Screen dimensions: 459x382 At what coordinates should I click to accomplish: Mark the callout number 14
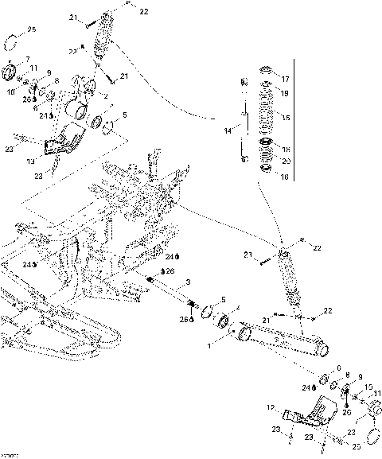click(x=228, y=129)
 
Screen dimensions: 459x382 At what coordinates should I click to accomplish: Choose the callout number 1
click(x=210, y=346)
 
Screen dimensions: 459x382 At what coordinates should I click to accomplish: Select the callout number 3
click(x=187, y=282)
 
